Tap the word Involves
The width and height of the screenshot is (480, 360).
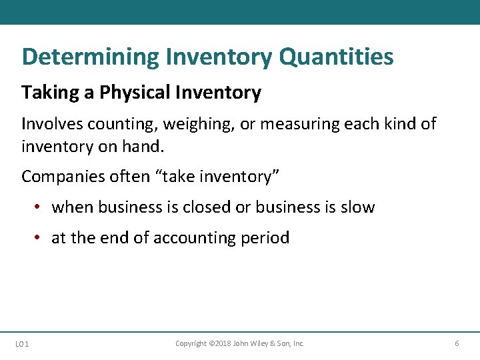[x=47, y=124]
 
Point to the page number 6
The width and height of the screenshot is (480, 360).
[x=457, y=343]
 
